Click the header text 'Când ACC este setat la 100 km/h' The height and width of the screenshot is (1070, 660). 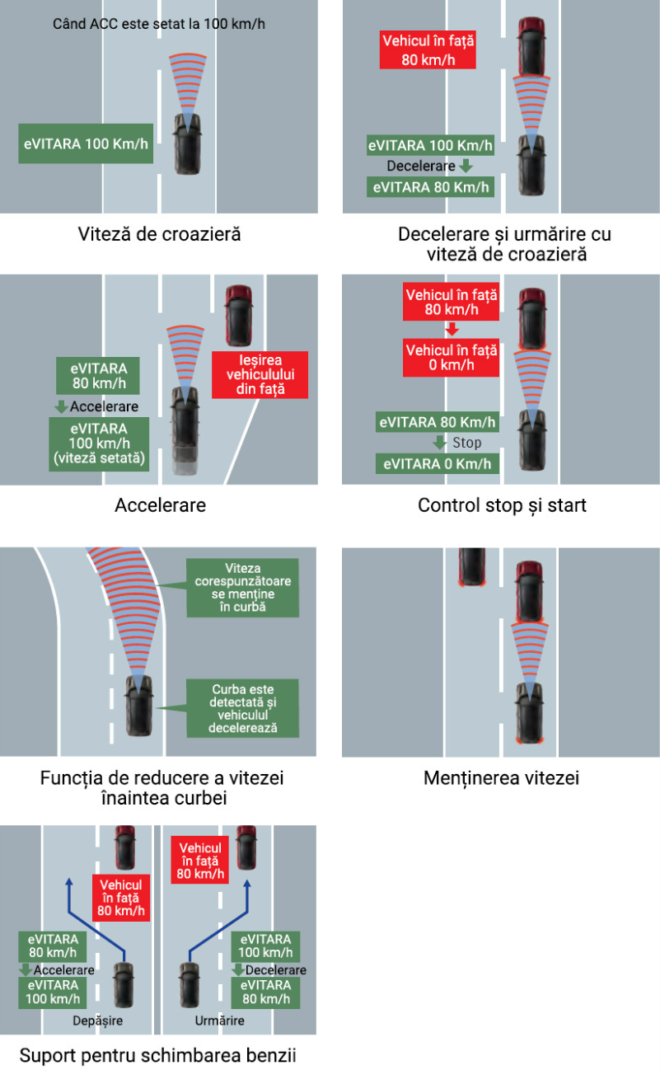click(x=159, y=22)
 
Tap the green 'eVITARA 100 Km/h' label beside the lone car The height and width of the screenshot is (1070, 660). click(x=87, y=143)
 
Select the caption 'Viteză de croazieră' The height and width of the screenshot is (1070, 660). click(x=159, y=234)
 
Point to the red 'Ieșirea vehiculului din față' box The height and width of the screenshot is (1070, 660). click(x=260, y=375)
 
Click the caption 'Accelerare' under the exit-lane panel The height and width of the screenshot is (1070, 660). click(x=160, y=504)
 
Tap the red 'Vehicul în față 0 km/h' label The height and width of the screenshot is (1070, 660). click(x=452, y=358)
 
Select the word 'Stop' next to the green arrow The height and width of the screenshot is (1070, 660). click(x=467, y=443)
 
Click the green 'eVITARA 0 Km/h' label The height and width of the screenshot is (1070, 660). click(x=438, y=463)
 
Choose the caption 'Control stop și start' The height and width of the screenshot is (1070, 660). click(x=502, y=504)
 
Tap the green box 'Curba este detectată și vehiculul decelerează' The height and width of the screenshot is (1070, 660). click(x=243, y=708)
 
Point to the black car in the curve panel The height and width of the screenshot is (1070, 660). click(x=137, y=706)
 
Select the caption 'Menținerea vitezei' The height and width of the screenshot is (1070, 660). click(x=501, y=777)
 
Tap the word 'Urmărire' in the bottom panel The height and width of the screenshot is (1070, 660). click(x=220, y=1021)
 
